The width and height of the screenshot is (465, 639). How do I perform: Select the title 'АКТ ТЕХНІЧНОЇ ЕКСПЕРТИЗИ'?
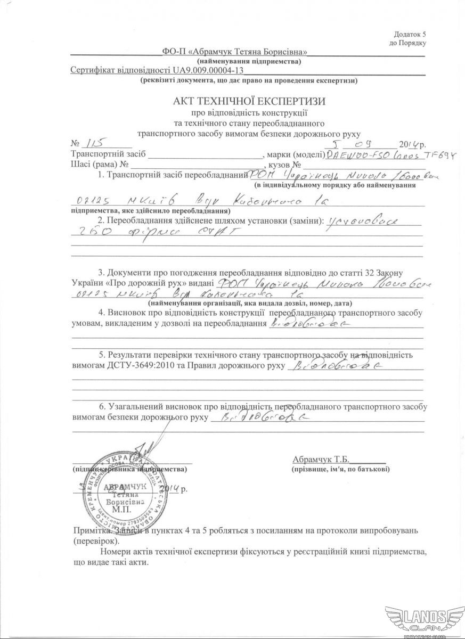248,101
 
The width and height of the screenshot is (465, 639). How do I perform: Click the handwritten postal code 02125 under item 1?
91,202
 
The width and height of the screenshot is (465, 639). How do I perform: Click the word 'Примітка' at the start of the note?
91,531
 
